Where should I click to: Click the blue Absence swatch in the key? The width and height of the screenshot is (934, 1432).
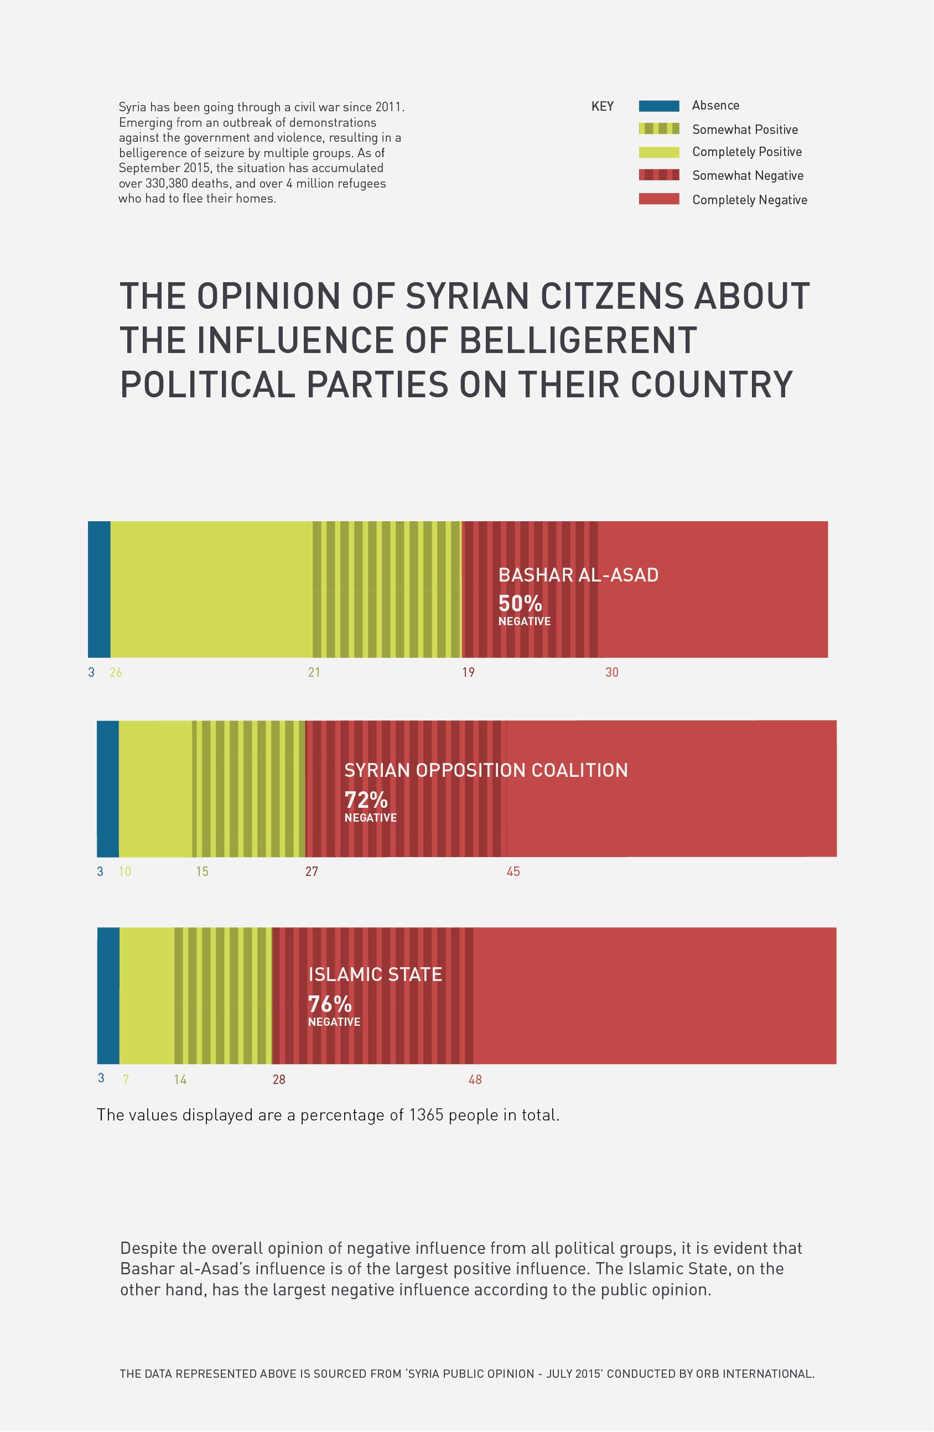[659, 106]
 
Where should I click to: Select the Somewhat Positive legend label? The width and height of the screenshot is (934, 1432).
[744, 129]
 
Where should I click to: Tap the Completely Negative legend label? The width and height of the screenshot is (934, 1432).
[749, 200]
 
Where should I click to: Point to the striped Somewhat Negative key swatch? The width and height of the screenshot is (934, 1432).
[659, 175]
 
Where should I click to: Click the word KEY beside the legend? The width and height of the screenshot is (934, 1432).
[603, 106]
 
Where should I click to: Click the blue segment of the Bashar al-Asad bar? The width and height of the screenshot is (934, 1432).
[99, 589]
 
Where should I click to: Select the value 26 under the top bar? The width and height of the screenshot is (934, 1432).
[116, 673]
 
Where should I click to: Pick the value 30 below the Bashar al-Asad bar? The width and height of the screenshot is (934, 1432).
[611, 673]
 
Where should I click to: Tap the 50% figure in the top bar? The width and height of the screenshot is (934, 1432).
[520, 604]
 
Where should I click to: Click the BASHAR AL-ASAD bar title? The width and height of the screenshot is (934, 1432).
[578, 575]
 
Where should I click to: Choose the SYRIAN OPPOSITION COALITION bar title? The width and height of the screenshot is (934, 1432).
[486, 770]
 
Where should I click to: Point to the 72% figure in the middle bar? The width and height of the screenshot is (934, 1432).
[366, 800]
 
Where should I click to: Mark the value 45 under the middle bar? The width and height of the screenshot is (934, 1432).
[513, 871]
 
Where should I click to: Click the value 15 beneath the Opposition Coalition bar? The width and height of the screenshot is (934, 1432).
[202, 871]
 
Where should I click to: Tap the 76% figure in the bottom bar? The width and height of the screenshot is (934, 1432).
[330, 1004]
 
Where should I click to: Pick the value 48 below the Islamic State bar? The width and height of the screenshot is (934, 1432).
[475, 1080]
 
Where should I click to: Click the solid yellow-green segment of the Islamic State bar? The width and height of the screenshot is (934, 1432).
[147, 995]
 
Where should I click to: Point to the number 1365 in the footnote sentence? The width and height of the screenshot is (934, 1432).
[426, 1115]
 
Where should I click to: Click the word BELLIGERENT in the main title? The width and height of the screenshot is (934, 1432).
[578, 340]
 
